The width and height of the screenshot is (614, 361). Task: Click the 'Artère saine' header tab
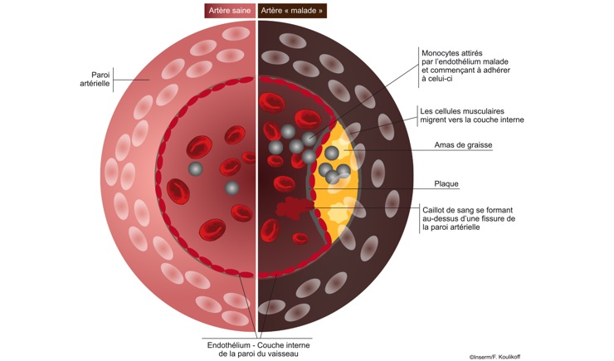(x=230, y=11)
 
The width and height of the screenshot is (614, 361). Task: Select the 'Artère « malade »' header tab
(x=292, y=11)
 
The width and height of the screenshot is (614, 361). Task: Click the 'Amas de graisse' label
(x=463, y=145)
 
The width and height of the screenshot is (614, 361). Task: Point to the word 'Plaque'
(x=446, y=183)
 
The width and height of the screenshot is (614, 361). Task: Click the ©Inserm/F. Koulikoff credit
(x=495, y=357)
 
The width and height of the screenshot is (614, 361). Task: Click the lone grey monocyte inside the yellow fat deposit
(x=332, y=153)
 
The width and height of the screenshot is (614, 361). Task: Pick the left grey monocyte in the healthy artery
(x=195, y=169)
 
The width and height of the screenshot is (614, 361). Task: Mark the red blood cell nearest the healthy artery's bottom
(x=212, y=229)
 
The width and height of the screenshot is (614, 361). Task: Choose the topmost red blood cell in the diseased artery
(x=272, y=103)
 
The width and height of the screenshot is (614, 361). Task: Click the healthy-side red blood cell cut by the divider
(x=249, y=158)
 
